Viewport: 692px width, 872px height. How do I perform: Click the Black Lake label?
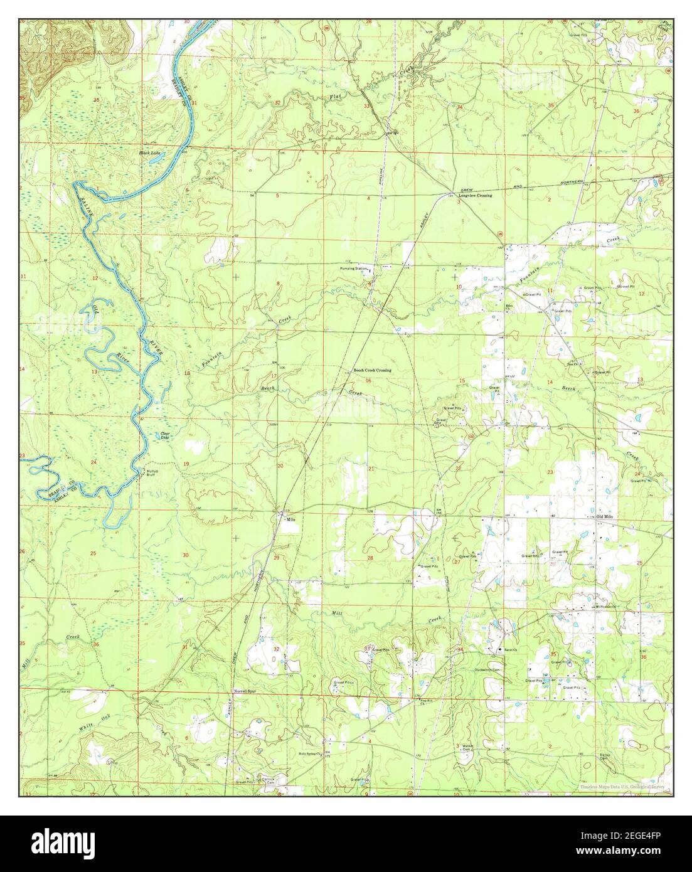coord(149,152)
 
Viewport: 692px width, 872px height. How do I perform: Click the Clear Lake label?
coord(166,435)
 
